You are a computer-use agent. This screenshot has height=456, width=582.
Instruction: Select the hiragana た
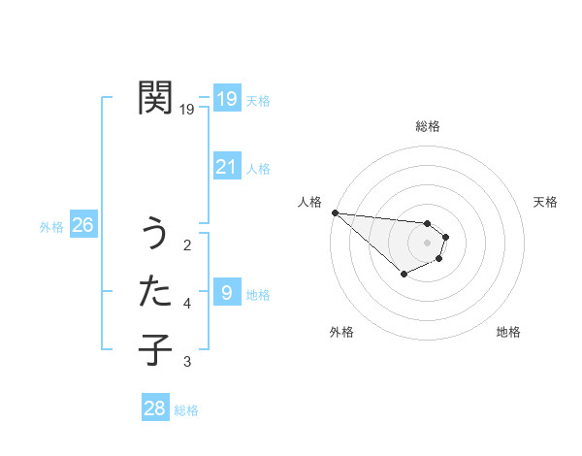click(x=155, y=291)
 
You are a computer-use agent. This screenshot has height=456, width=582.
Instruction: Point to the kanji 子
click(x=155, y=348)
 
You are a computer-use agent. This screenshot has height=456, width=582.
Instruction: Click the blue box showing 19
click(x=226, y=99)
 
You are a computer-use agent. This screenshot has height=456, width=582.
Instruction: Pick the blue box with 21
click(x=226, y=168)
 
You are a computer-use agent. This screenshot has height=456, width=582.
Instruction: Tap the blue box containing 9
click(x=226, y=293)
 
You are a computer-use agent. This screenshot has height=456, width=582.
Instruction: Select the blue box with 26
click(x=82, y=226)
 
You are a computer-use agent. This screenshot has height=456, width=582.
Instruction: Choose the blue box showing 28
click(x=154, y=408)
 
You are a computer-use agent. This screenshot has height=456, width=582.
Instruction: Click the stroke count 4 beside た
click(x=187, y=304)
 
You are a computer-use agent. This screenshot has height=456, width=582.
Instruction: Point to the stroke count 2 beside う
click(x=187, y=245)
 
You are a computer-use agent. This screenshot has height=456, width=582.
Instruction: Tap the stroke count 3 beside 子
click(x=187, y=362)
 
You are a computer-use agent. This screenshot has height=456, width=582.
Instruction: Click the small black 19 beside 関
click(x=187, y=110)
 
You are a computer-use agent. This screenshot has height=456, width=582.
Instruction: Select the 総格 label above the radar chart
click(x=428, y=126)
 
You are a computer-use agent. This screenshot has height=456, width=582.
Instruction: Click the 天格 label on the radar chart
click(x=546, y=202)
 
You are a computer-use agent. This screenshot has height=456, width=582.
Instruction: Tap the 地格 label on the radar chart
click(x=508, y=332)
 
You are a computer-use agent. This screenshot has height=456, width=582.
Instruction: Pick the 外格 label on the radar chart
click(x=341, y=332)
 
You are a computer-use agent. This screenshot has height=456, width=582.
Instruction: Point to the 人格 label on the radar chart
click(x=309, y=202)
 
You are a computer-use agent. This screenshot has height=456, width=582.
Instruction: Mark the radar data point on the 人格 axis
click(x=335, y=212)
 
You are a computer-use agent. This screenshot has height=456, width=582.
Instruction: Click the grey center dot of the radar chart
click(x=428, y=243)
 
